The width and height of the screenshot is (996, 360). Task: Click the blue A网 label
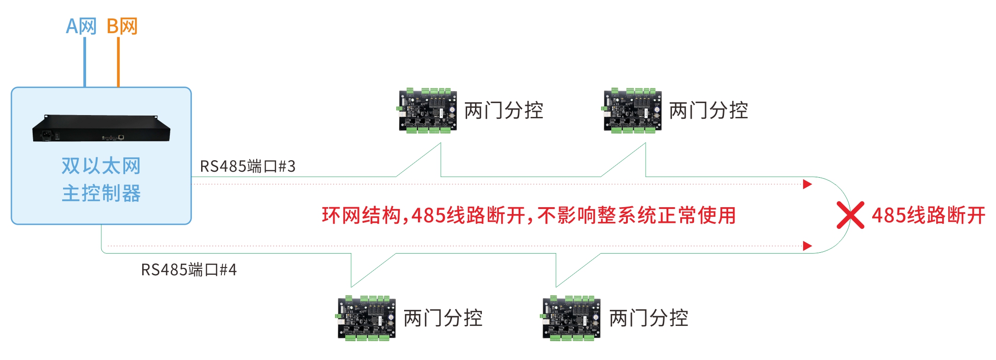pos(81,26)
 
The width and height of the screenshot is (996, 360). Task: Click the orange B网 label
pos(122,26)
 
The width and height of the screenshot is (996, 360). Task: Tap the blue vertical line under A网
pos(85,62)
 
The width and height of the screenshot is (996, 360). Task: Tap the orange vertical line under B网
pos(118,62)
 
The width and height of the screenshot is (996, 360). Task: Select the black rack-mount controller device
pos(101,128)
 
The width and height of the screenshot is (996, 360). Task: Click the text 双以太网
pos(101,166)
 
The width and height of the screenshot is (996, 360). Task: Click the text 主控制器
pos(101,193)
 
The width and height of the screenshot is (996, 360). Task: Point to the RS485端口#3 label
pos(248,166)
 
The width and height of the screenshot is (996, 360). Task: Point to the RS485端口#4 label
pos(189,270)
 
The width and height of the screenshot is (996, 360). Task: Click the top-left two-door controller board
pos(428,111)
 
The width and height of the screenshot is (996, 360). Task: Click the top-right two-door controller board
pos(632,111)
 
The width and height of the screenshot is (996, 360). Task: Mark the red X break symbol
pos(850,215)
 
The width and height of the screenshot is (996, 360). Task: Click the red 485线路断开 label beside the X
pos(928,215)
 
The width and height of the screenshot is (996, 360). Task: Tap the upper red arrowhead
pos(807,184)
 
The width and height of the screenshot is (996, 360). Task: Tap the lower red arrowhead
pos(807,246)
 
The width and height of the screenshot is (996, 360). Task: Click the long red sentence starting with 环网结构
pos(528,215)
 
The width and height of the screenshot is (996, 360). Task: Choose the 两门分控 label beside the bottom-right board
pos(649,318)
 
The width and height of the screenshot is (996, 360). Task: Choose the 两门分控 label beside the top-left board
pos(504,110)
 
